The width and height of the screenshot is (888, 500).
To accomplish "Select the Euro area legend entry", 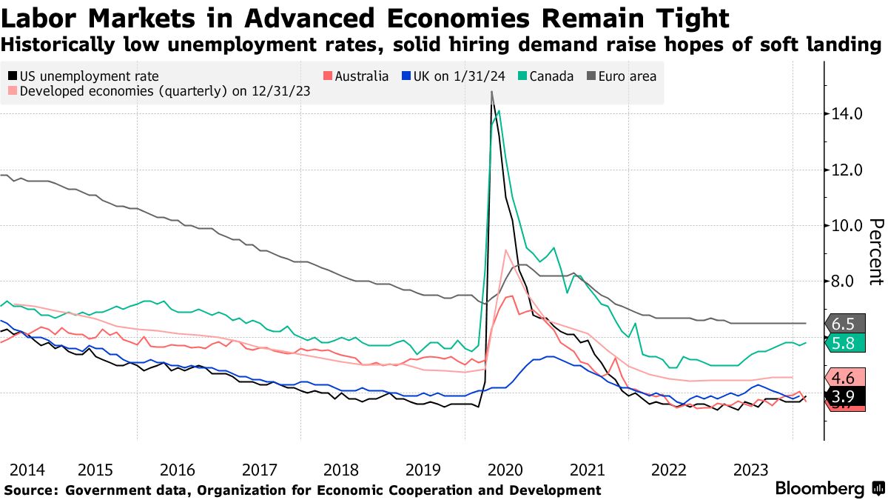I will pyautogui.click(x=622, y=76).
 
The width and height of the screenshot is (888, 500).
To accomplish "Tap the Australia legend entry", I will pyautogui.click(x=357, y=76).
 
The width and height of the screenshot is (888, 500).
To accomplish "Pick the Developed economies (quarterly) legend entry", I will pyautogui.click(x=159, y=92).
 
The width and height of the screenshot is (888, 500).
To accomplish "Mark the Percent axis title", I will pyautogui.click(x=876, y=252).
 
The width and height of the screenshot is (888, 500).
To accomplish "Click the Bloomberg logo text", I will pyautogui.click(x=819, y=489).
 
